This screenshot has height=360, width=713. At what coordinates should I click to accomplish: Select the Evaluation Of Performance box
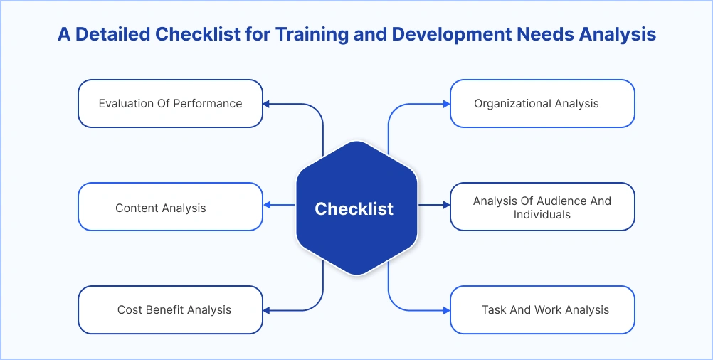coord(170,103)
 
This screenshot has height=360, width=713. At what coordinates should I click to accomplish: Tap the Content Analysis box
coord(170,207)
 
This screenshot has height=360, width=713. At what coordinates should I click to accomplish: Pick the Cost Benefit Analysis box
coord(170,310)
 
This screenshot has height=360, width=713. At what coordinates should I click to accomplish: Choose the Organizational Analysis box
coord(542,103)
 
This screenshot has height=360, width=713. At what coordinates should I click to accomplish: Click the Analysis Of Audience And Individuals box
coord(542,207)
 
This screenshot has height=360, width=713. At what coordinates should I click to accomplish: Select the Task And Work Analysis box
coord(542,310)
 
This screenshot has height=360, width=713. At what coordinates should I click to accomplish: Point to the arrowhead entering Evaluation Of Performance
coord(266,104)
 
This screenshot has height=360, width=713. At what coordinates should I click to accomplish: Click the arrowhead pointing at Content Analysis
coord(266,206)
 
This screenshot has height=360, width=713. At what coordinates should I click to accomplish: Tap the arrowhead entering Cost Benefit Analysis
coord(266,310)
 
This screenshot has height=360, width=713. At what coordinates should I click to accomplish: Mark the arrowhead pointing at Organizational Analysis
coord(446,104)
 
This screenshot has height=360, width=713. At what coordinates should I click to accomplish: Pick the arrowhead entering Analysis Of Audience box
coord(446,206)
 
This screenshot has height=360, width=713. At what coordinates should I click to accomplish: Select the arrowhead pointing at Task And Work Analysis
coord(446,310)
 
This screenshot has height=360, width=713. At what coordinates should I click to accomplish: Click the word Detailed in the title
coord(111,34)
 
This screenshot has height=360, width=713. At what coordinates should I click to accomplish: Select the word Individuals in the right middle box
coord(542,214)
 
